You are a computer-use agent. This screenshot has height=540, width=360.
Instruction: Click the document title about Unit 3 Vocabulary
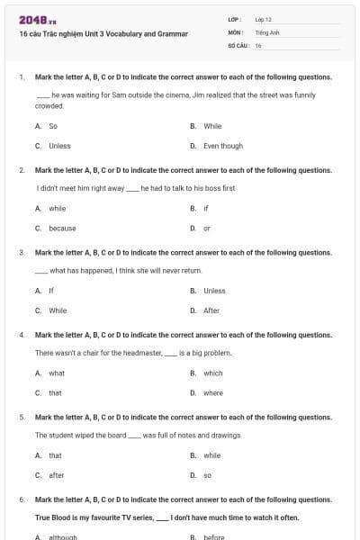[103, 34]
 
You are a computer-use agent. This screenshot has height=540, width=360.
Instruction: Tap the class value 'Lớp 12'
[263, 19]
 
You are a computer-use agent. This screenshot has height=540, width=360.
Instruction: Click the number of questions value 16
[258, 44]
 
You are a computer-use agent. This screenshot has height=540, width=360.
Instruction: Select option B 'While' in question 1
[212, 126]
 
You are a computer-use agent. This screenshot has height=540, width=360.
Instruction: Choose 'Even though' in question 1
[222, 146]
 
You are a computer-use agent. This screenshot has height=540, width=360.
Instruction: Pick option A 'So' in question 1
[53, 126]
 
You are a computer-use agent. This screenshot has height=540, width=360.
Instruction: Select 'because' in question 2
[62, 228]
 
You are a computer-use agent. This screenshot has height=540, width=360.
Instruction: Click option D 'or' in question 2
[207, 228]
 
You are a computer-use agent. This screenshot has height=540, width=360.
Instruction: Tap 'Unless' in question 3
[214, 291]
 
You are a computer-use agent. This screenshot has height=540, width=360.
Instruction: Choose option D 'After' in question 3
[211, 310]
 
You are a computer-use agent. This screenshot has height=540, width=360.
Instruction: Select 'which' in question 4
[212, 373]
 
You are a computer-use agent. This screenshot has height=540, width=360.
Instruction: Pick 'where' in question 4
[213, 392]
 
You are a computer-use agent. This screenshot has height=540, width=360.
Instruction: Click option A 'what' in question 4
[57, 373]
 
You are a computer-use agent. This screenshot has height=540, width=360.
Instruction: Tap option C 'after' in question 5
[57, 475]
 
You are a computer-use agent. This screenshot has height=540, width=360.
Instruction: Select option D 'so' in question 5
[207, 475]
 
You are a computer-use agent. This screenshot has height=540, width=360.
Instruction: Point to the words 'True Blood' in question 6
[53, 517]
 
